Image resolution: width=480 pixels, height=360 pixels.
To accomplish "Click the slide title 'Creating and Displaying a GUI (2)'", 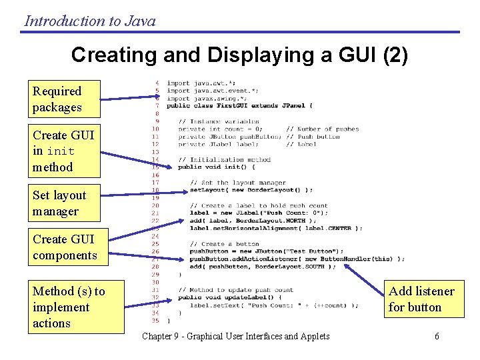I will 239,55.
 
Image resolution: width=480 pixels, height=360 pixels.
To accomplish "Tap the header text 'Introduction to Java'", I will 90,21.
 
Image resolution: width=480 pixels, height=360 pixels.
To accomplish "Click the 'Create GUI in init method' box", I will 65,151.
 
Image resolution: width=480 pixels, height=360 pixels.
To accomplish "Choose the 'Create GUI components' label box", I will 65,247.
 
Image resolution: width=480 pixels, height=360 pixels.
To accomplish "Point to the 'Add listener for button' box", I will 421,299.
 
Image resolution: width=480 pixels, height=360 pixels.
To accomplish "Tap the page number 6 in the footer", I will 437,336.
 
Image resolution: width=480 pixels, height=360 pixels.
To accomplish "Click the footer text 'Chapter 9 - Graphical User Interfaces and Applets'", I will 236,336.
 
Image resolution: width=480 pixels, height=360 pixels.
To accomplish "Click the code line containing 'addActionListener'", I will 297,259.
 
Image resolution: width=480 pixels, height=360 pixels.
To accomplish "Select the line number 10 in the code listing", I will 155,129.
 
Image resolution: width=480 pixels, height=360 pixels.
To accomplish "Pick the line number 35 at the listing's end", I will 155,320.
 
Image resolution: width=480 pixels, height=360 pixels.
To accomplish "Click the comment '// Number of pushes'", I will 323,129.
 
